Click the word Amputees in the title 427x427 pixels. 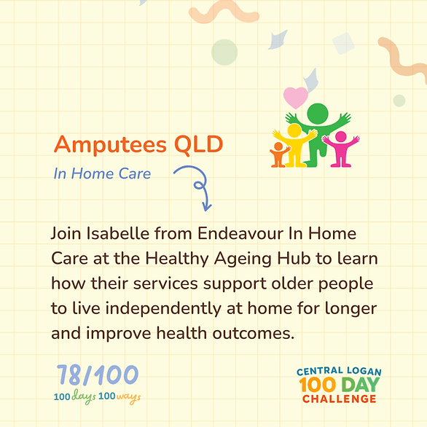pyautogui.click(x=110, y=144)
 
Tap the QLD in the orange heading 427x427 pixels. pyautogui.click(x=198, y=144)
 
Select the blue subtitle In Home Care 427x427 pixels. pyautogui.click(x=102, y=173)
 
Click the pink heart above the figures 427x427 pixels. pyautogui.click(x=295, y=98)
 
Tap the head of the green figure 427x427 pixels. pyautogui.click(x=318, y=114)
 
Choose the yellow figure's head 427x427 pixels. pyautogui.click(x=294, y=130)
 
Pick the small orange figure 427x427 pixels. pyautogui.click(x=279, y=154)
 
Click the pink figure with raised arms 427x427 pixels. pyautogui.click(x=341, y=149)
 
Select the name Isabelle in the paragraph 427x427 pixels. pyautogui.click(x=118, y=233)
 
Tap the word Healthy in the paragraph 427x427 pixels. pyautogui.click(x=177, y=259)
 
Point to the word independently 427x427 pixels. pyautogui.click(x=163, y=309)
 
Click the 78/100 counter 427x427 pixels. pyautogui.click(x=98, y=375)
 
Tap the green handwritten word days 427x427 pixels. pyautogui.click(x=84, y=397)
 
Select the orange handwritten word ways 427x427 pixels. pyautogui.click(x=128, y=398)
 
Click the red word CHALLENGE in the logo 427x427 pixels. pyautogui.click(x=340, y=399)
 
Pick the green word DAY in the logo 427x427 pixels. pyautogui.click(x=360, y=385)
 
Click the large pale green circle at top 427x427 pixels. pyautogui.click(x=224, y=52)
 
